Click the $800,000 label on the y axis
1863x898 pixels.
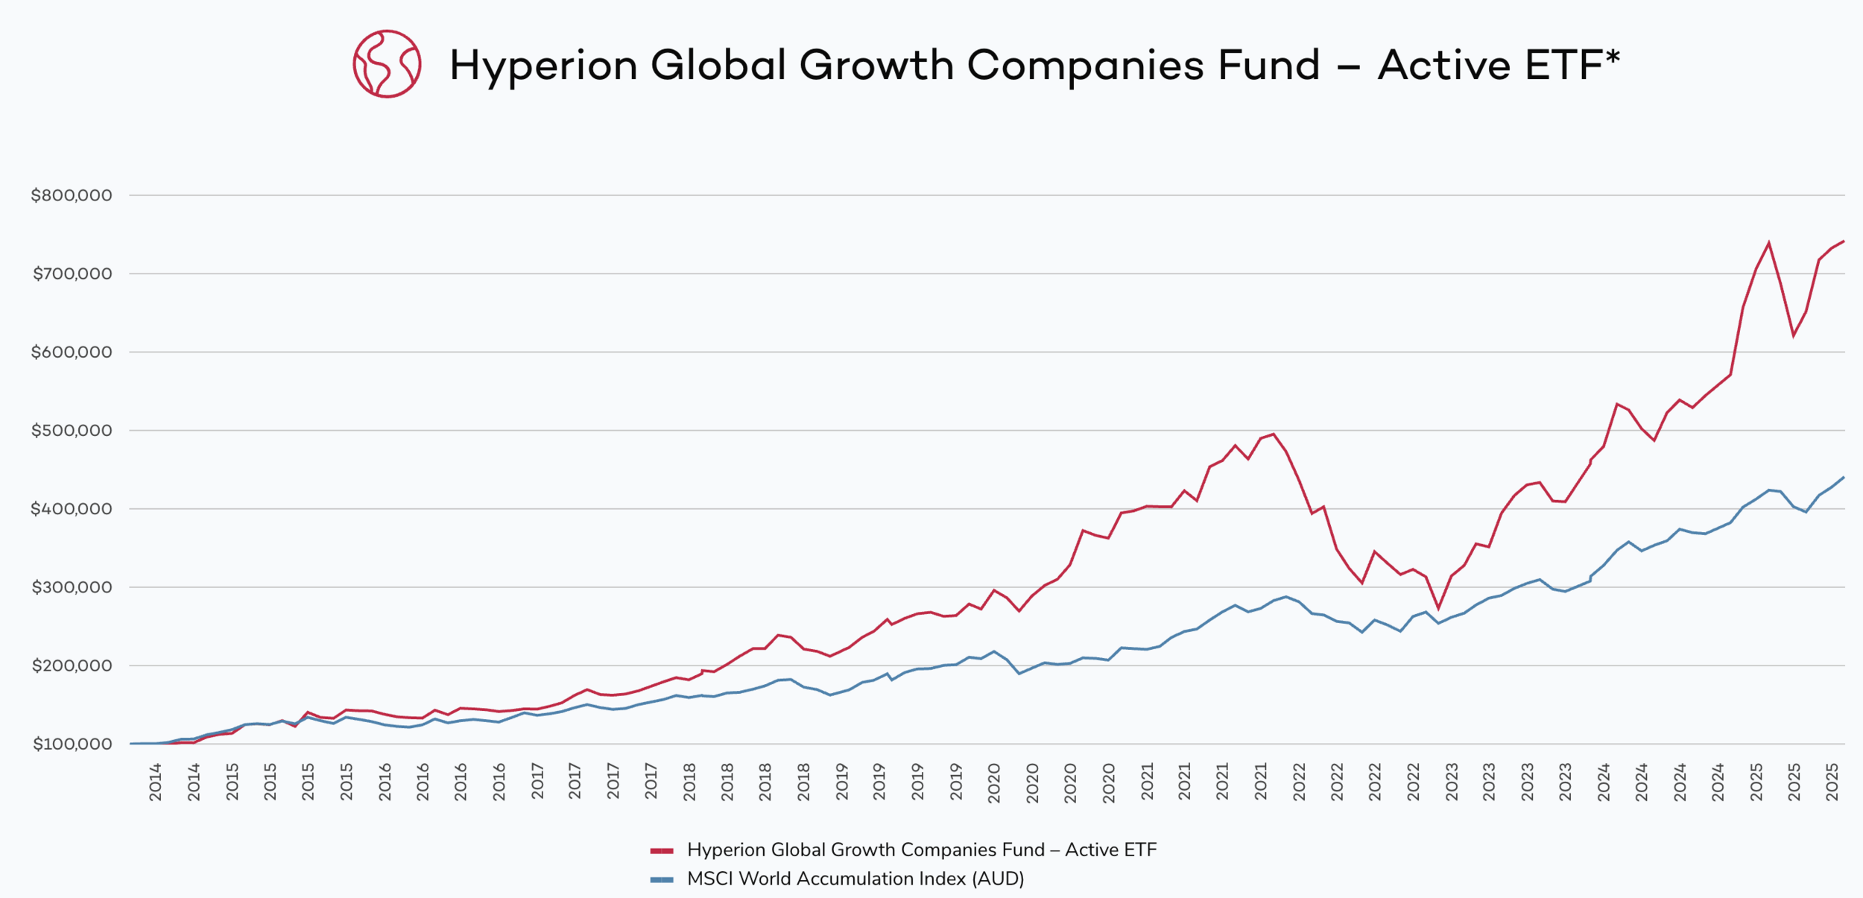(71, 195)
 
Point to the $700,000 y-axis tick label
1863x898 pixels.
(72, 273)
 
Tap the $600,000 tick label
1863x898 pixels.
(71, 352)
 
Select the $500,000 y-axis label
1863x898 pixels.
(71, 430)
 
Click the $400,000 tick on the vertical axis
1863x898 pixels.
(71, 509)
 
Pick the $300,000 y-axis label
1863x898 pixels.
(71, 587)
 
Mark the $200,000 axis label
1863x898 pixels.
(71, 665)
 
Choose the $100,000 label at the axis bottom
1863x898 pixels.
(72, 744)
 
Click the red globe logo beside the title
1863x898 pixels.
(387, 64)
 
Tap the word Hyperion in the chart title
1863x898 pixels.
(543, 66)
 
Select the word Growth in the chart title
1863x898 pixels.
(876, 66)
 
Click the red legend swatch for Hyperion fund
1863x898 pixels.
(662, 850)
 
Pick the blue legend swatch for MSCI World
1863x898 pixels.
(662, 879)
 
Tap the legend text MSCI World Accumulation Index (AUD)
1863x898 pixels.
(855, 879)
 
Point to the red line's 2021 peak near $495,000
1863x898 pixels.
(1274, 434)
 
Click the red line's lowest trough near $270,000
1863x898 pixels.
(1438, 608)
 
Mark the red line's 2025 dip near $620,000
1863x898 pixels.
(1794, 335)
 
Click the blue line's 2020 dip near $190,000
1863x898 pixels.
(1019, 674)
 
